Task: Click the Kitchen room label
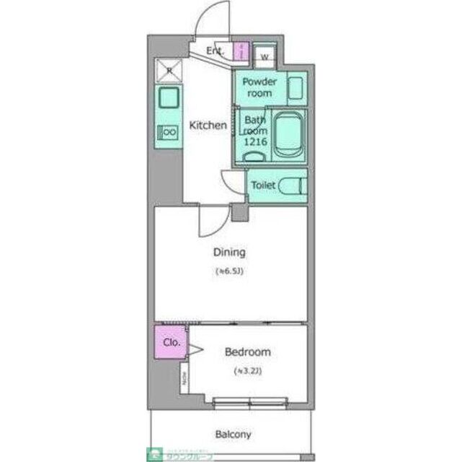[x=208, y=125]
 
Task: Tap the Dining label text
[x=229, y=253]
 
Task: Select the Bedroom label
[x=248, y=352]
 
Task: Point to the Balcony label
[x=233, y=435]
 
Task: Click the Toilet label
[x=263, y=186]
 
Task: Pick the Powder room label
[x=258, y=87]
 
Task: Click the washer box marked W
[x=264, y=55]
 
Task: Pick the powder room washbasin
[x=296, y=88]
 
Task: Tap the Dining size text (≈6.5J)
[x=229, y=271]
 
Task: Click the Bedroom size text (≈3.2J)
[x=247, y=371]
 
